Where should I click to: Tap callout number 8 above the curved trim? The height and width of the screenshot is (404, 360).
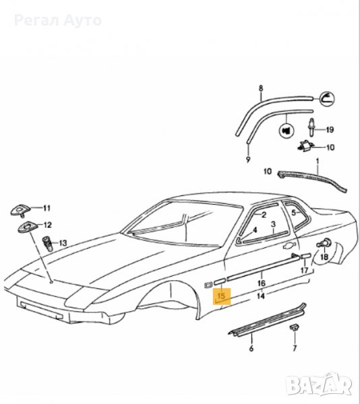(x=261, y=88)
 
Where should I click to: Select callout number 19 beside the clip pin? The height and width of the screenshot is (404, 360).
(x=330, y=129)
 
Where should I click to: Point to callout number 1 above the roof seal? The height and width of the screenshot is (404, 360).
(x=318, y=162)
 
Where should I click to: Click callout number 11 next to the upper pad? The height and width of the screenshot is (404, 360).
(x=47, y=208)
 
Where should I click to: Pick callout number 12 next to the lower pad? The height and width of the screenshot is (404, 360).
(x=47, y=225)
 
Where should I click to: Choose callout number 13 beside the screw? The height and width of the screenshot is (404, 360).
(x=63, y=243)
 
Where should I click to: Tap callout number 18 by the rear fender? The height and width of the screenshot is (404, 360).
(x=324, y=257)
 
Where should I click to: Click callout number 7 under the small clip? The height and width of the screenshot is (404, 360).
(x=295, y=348)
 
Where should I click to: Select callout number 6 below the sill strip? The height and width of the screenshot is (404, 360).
(x=251, y=349)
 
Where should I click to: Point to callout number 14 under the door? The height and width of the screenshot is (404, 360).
(x=261, y=296)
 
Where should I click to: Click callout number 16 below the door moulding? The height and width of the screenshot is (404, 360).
(x=261, y=283)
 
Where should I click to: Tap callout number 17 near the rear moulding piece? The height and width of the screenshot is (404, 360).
(x=305, y=270)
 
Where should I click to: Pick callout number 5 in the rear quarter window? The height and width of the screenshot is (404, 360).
(x=294, y=213)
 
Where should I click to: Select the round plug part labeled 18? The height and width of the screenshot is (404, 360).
(x=326, y=243)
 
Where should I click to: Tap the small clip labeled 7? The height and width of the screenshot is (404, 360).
(x=293, y=327)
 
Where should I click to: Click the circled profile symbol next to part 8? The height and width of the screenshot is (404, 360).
(x=327, y=98)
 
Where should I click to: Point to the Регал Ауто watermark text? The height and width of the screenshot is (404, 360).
(x=58, y=21)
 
